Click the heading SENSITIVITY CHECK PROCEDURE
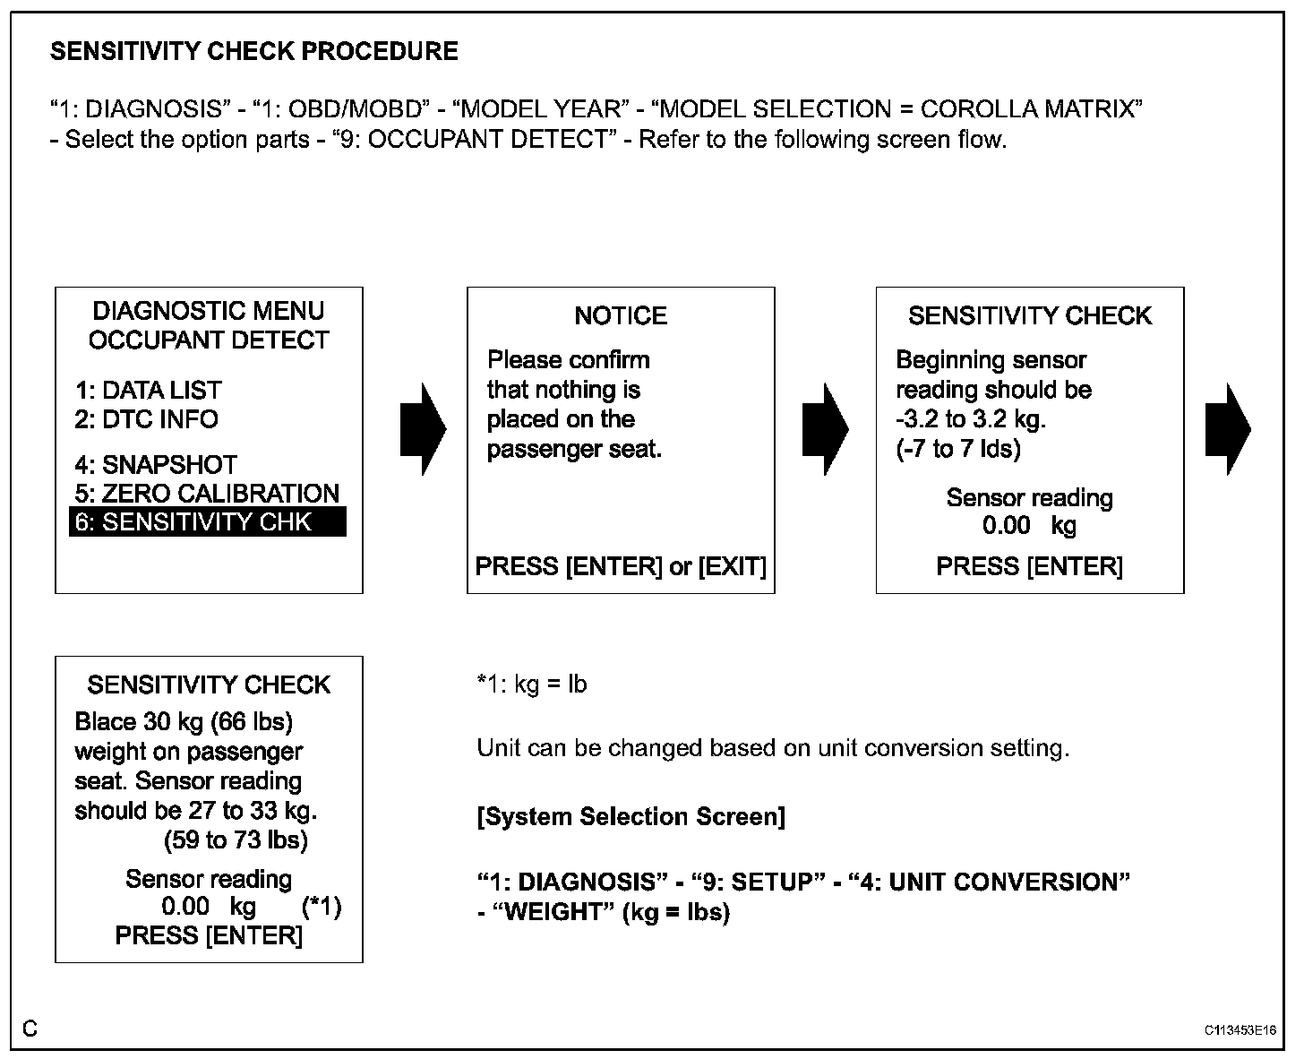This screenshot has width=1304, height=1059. (x=253, y=51)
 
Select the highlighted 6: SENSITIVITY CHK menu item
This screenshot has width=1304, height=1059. (x=207, y=521)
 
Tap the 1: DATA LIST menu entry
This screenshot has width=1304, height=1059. (x=148, y=391)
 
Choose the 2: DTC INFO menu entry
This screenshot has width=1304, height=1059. (x=146, y=419)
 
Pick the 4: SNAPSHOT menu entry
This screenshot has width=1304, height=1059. (x=156, y=465)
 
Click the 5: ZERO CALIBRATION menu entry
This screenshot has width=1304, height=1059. (x=207, y=494)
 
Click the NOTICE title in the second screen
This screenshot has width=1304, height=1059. (x=620, y=315)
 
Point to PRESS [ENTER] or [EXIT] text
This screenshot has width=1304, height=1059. (x=620, y=566)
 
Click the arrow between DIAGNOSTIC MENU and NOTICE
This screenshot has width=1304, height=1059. (x=422, y=429)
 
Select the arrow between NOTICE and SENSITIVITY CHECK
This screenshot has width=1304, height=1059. (x=824, y=429)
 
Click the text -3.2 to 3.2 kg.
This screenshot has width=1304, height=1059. (x=971, y=419)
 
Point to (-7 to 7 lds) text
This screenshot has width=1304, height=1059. (x=958, y=449)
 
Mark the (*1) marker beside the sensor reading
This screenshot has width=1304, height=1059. (x=322, y=907)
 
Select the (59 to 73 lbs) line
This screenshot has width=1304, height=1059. (x=236, y=840)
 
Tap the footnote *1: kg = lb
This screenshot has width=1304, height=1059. (x=532, y=684)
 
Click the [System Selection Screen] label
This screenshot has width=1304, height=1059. (x=631, y=817)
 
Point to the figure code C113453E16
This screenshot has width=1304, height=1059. (x=1240, y=1030)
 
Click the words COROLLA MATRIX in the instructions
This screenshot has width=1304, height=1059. (x=1030, y=109)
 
